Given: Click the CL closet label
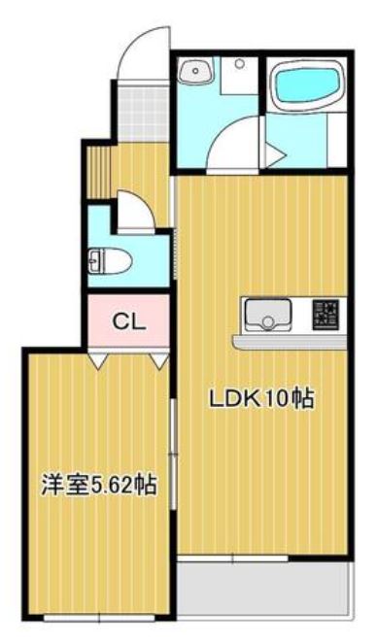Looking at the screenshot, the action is (129, 321).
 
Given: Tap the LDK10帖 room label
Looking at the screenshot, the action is (261, 398).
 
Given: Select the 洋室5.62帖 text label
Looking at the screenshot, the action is (98, 486).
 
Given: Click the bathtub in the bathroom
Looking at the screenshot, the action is (305, 85).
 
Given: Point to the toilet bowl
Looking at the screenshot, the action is (111, 261).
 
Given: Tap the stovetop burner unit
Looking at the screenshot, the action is (326, 315).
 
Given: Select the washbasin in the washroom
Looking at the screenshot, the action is (196, 70).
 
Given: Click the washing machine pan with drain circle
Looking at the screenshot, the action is (239, 76).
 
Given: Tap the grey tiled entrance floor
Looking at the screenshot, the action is (143, 111).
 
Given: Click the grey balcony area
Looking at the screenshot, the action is (264, 589).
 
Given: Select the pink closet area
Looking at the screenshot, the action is (129, 321).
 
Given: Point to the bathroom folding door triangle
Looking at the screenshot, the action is (275, 153).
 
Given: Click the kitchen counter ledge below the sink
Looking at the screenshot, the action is (290, 342).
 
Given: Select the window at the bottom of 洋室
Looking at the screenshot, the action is (99, 618).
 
